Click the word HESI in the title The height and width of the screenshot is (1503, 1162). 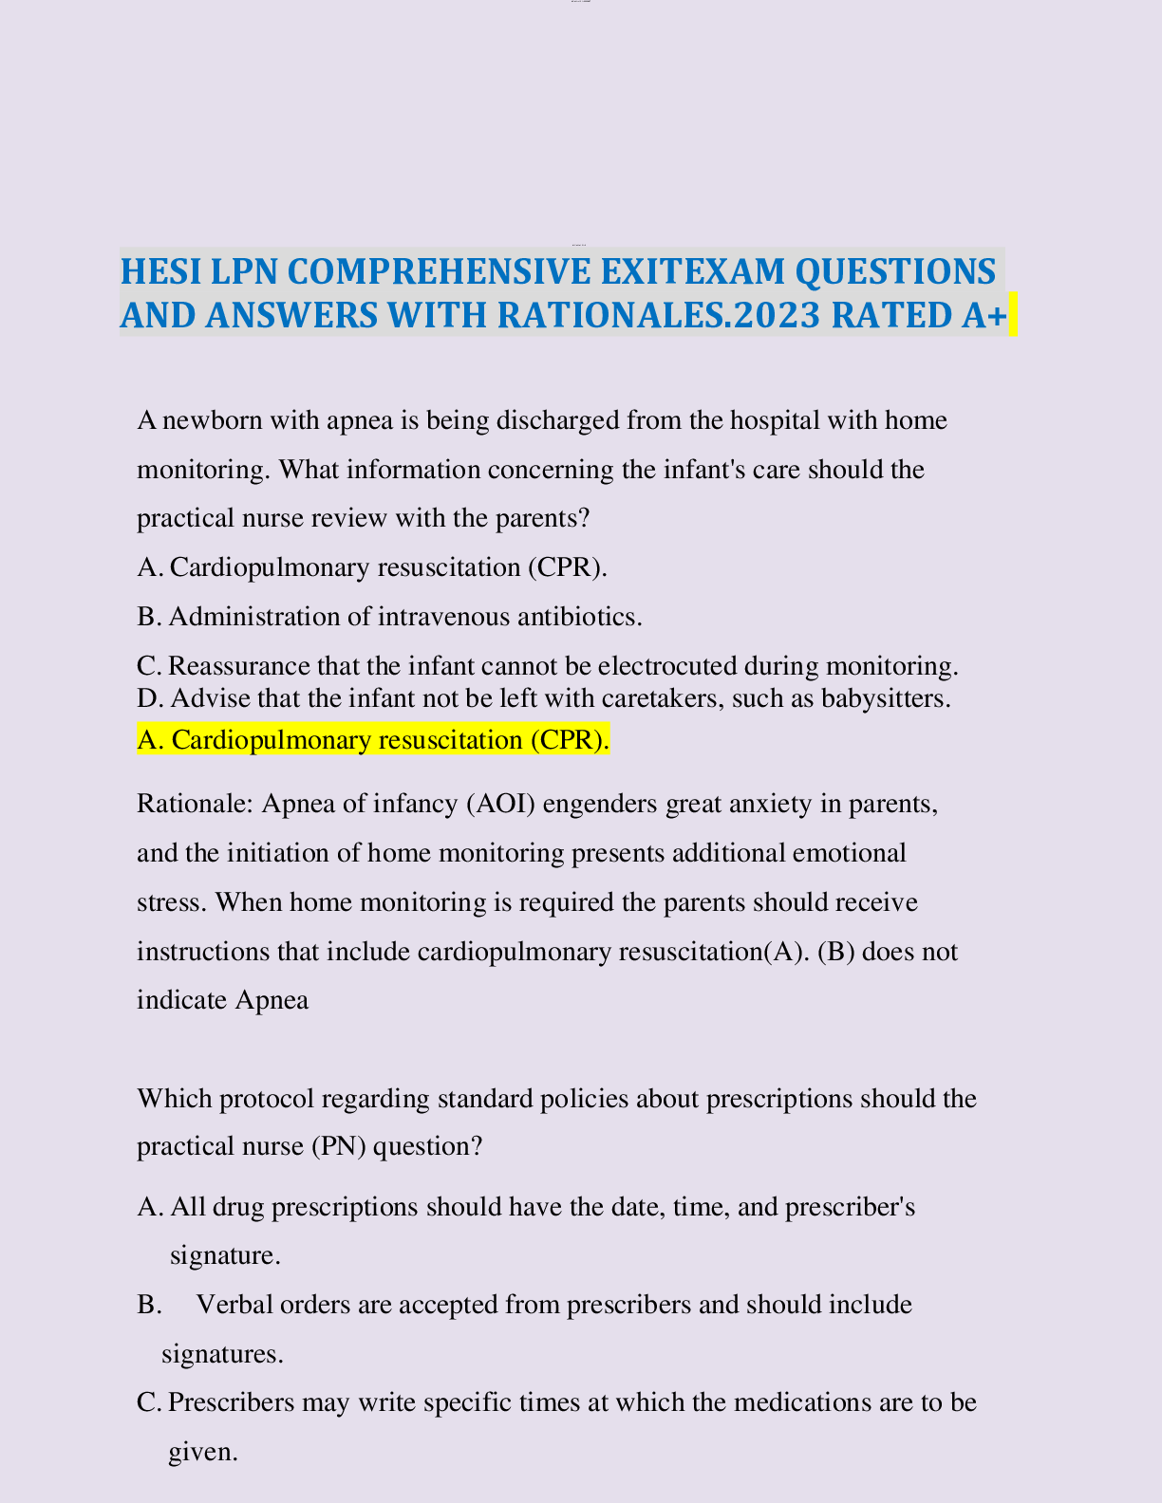point(160,272)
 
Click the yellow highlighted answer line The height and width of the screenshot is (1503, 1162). point(373,740)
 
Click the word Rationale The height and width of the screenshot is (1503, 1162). point(194,805)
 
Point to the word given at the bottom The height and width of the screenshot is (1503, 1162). point(201,1452)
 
